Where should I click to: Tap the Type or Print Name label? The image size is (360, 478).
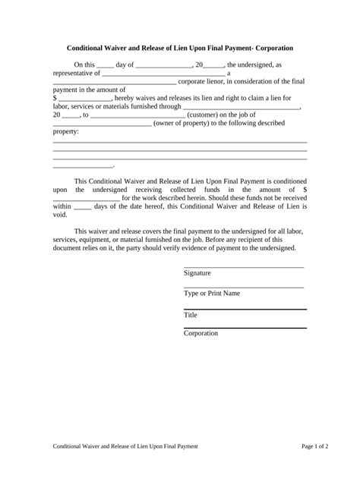coord(212,293)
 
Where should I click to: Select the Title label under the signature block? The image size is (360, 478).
coord(191,314)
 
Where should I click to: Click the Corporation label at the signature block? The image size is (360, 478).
coord(201,333)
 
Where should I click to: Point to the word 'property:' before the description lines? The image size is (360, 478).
coord(65,131)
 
